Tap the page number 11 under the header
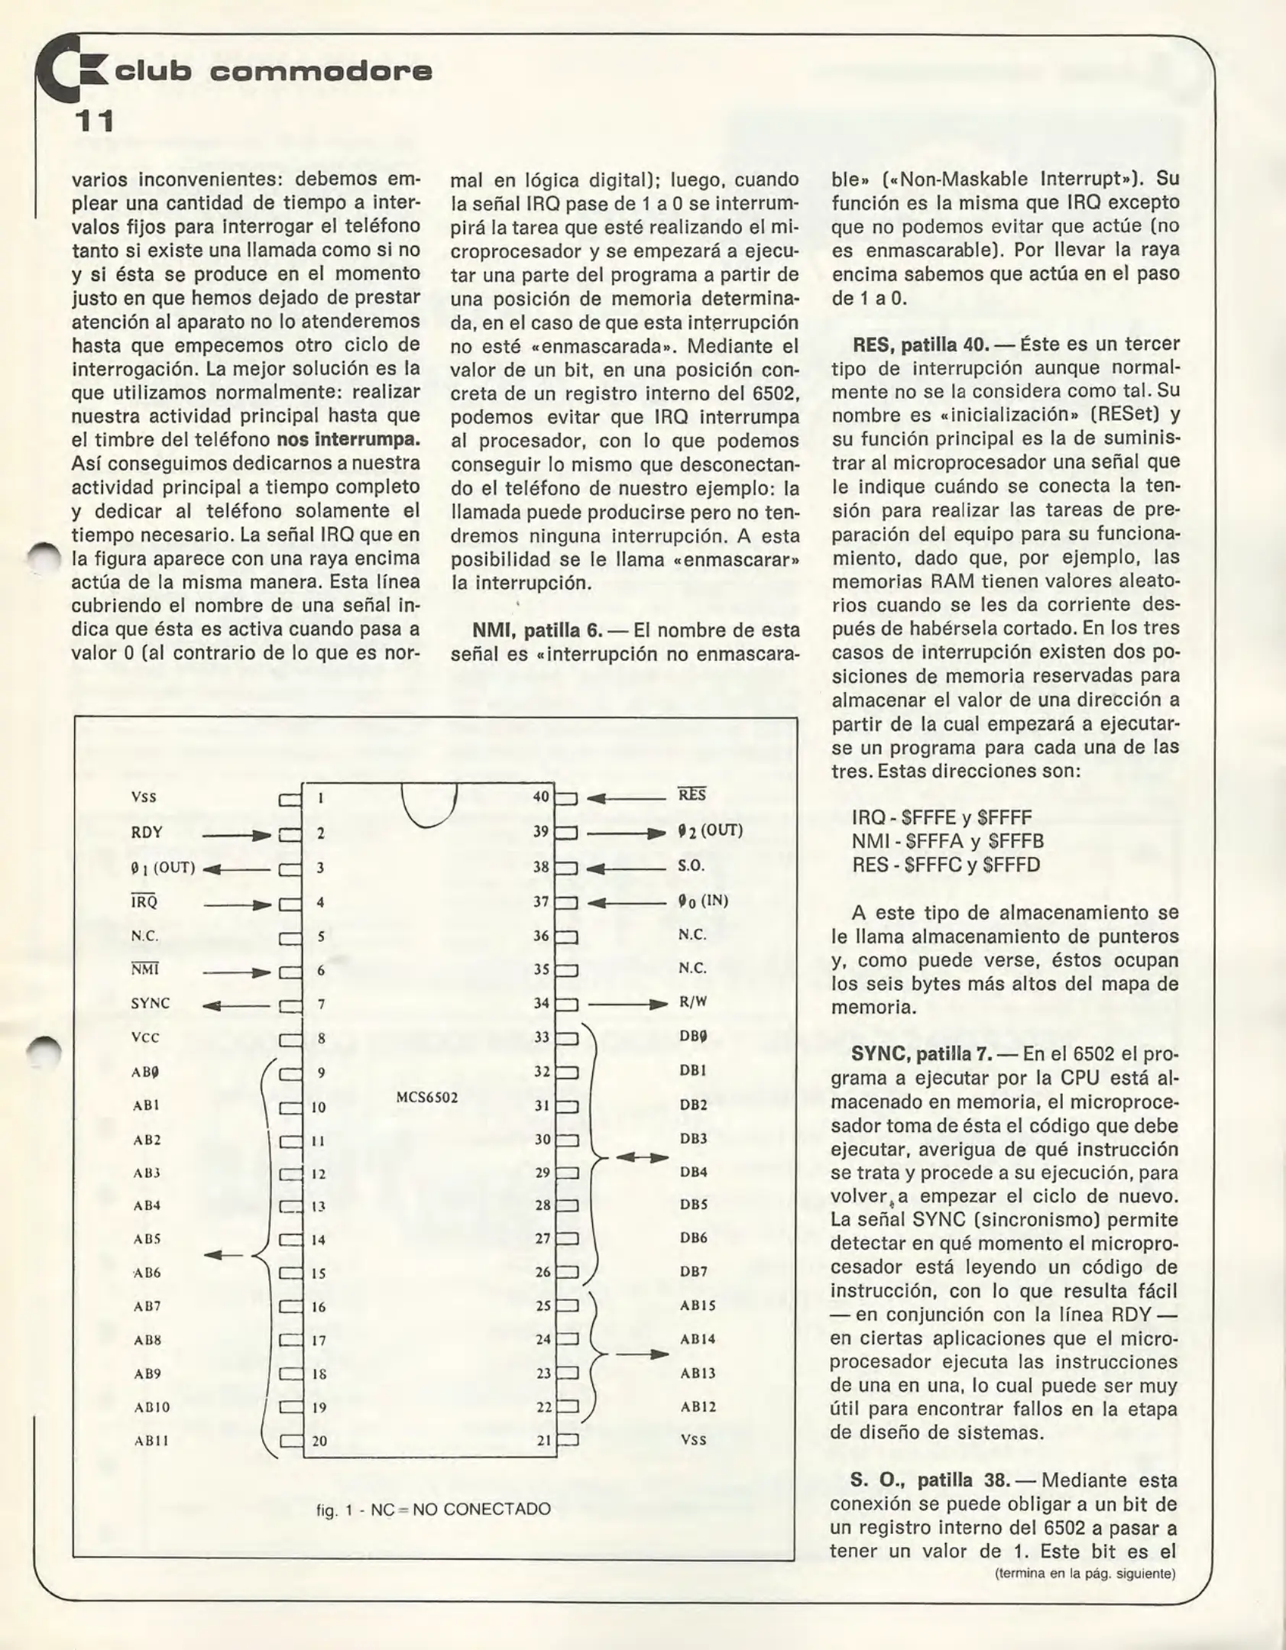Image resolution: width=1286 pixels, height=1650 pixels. click(94, 121)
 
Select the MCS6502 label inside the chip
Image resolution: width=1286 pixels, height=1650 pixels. click(427, 1098)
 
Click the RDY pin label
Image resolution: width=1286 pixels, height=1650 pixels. click(147, 833)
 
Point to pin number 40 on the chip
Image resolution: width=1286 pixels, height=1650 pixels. click(541, 797)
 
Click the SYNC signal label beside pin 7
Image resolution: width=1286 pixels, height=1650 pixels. click(151, 1003)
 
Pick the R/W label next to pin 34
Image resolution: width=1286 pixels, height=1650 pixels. click(693, 1002)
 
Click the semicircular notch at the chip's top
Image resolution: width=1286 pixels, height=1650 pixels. click(429, 804)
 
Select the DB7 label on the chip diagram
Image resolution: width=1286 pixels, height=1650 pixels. click(694, 1271)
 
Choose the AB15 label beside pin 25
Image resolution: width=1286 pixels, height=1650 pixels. click(698, 1305)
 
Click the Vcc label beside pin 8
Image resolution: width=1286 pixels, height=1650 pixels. click(145, 1037)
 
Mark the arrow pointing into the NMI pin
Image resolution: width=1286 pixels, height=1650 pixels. click(237, 972)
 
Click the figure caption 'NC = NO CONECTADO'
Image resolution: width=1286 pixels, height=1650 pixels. click(433, 1509)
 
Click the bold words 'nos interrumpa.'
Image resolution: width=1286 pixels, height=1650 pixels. click(348, 440)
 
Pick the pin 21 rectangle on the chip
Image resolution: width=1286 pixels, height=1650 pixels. click(567, 1440)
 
